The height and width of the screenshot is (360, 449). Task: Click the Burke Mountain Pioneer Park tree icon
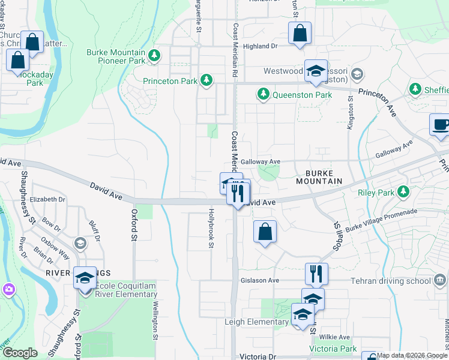coord(155,56)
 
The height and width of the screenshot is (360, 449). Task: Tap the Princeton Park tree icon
coord(206,80)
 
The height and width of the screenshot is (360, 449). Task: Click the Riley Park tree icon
coord(405,191)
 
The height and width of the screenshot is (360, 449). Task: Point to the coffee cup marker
coord(441,125)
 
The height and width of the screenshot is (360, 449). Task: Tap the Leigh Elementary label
coord(256,322)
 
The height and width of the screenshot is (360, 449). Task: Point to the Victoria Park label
coord(333,349)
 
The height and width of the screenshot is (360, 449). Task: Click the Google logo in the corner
coord(20,353)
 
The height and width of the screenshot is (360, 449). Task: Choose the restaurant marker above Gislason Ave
coord(316,274)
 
